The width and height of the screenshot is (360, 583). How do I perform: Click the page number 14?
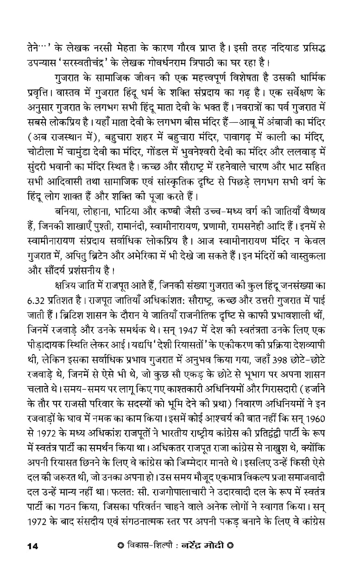(x=32, y=546)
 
